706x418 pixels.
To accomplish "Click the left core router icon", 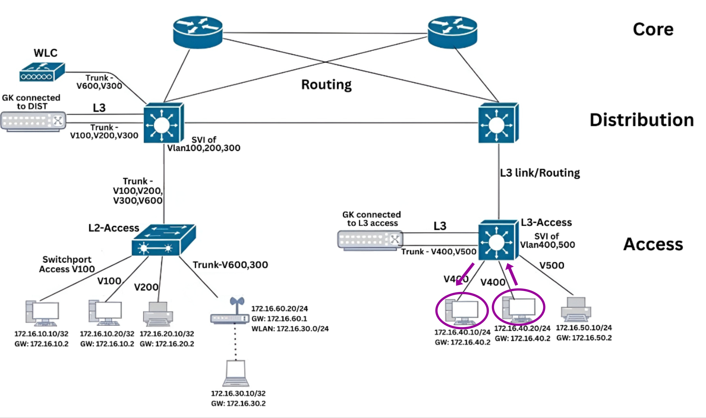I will (x=198, y=32).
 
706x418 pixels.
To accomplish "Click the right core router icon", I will (x=452, y=32).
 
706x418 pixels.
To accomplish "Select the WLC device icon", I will (x=42, y=72).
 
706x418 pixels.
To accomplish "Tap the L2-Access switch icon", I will (x=164, y=240).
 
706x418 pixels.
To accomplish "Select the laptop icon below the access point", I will (x=236, y=373).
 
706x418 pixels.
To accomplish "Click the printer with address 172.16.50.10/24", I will (x=576, y=310).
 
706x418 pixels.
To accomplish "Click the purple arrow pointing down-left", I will (x=465, y=274).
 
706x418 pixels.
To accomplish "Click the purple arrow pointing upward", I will (x=512, y=274).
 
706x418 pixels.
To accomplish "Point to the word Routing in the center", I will (x=326, y=85).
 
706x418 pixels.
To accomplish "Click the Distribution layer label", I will (x=641, y=120).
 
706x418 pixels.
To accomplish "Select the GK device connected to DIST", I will (x=33, y=121).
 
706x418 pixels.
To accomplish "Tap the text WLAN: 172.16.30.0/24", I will (x=290, y=329).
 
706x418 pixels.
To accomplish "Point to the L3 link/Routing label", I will (x=540, y=173).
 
